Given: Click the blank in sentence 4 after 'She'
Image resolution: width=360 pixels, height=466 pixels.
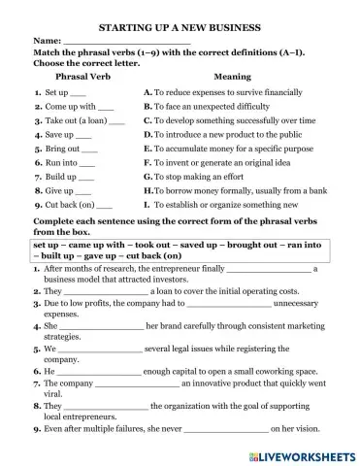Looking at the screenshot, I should pyautogui.click(x=102, y=328).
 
